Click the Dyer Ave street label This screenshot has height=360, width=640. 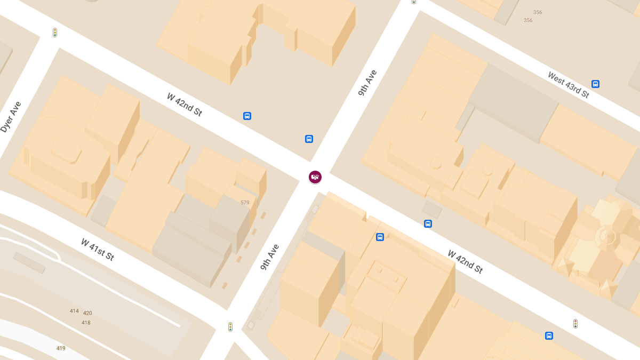pos(11,117)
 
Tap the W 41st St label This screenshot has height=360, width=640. pos(98,250)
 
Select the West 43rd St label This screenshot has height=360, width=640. pos(569,85)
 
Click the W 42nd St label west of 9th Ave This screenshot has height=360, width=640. pos(185,105)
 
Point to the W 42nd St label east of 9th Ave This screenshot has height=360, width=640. pos(465,261)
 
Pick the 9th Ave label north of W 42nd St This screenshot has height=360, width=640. pos(367,83)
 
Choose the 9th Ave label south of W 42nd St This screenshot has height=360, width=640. pos(270,257)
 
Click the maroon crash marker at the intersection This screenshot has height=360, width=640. pos(315,177)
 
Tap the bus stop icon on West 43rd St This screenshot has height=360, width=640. pos(595,84)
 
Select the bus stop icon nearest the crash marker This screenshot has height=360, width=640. pos(309,139)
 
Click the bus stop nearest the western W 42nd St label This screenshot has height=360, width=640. pos(247,116)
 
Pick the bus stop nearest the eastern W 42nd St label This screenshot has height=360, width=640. pos(428,224)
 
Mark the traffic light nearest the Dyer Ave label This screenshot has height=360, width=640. pos(55,33)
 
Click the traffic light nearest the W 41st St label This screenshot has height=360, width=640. pos(230,327)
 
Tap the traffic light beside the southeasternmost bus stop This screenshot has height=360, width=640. pos(575,323)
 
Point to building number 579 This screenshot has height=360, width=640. pos(245,203)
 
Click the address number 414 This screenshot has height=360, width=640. pos(74,311)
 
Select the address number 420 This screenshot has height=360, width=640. pos(87,313)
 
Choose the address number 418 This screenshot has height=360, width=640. pos(86,323)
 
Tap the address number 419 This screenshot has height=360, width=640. pos(61,348)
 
